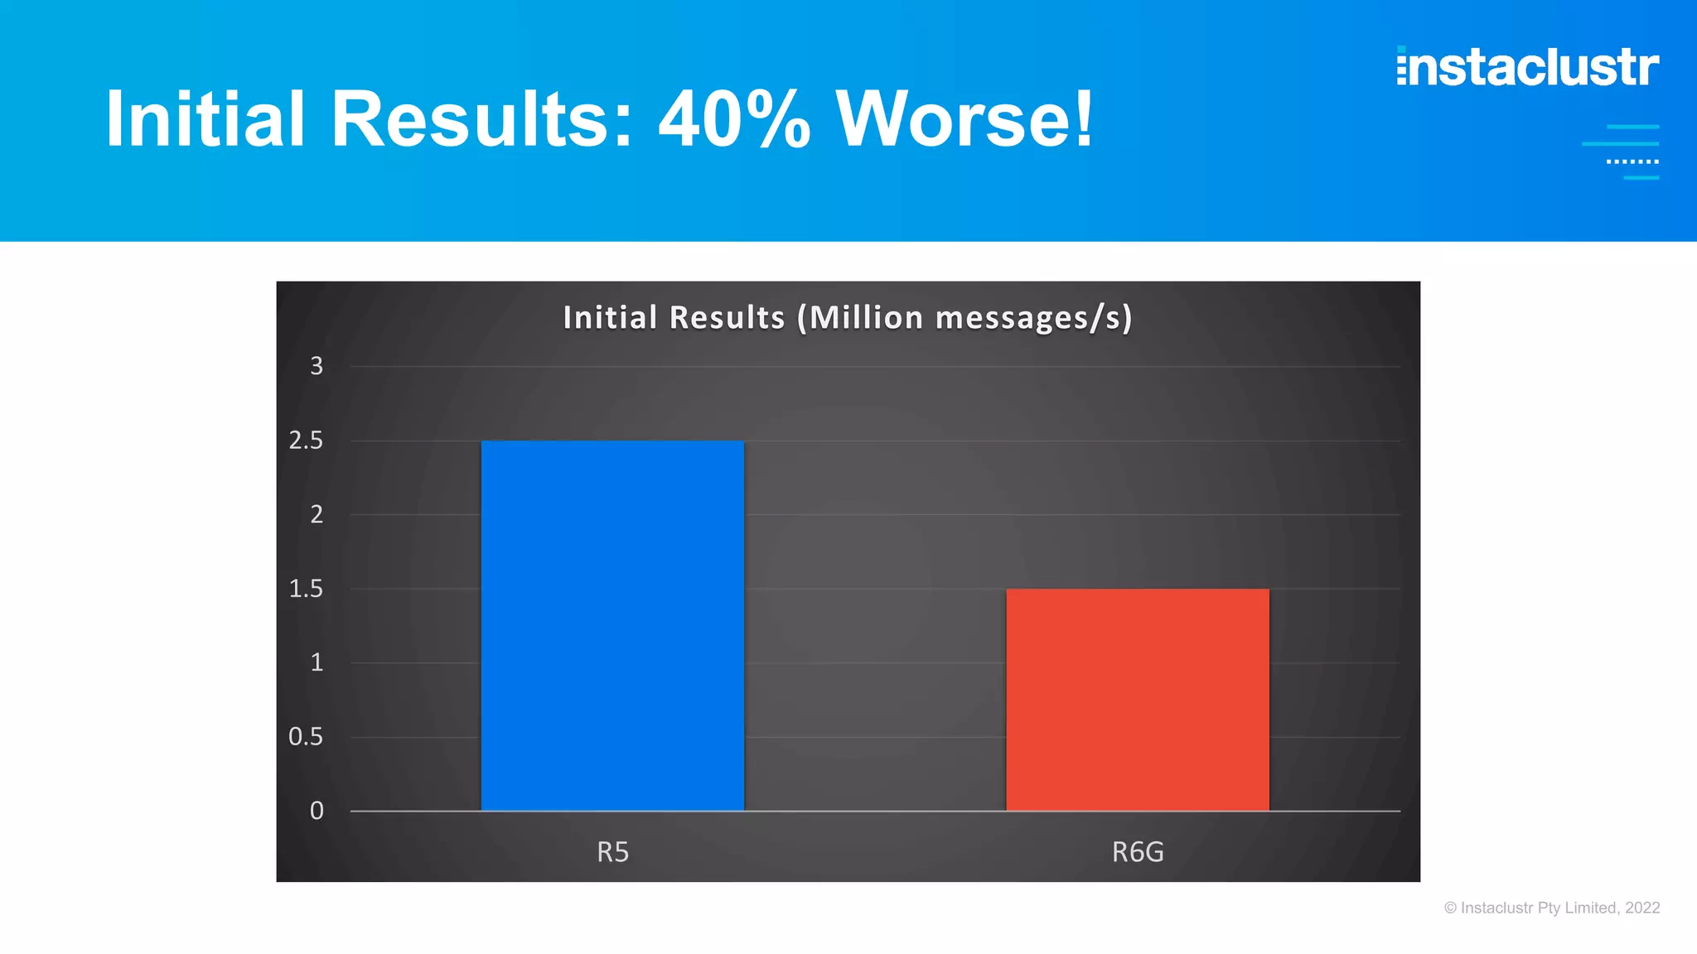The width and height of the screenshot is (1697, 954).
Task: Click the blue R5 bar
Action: click(x=612, y=625)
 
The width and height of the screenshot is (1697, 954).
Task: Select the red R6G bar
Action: click(x=1137, y=700)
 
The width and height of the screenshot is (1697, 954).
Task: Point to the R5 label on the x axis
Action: click(x=613, y=852)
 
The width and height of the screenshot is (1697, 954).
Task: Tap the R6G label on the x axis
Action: click(x=1138, y=852)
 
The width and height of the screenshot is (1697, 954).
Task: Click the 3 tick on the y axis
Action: click(x=317, y=366)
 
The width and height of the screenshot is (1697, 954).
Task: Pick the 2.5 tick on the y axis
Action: click(x=306, y=441)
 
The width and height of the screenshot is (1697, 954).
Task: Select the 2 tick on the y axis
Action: click(x=317, y=514)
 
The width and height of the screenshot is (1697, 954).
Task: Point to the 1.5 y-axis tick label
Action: click(x=306, y=589)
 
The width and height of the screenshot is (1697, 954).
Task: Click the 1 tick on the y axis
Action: click(x=317, y=662)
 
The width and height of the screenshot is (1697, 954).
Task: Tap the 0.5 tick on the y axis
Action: click(x=306, y=737)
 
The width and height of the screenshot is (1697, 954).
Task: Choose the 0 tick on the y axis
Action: click(x=317, y=811)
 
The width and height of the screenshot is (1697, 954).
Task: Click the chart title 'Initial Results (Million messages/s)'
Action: click(x=848, y=318)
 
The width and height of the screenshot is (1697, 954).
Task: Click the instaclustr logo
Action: click(x=1528, y=67)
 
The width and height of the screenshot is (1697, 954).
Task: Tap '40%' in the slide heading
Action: click(x=734, y=120)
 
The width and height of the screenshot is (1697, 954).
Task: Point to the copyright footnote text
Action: click(x=1552, y=908)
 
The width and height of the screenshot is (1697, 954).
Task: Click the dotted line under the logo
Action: click(x=1632, y=161)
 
